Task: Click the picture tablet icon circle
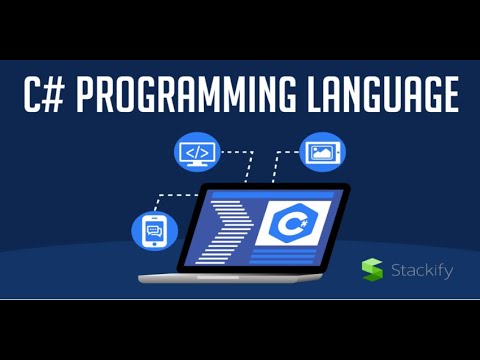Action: click(x=322, y=151)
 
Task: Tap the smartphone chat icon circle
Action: click(x=154, y=231)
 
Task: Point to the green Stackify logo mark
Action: click(x=372, y=269)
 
